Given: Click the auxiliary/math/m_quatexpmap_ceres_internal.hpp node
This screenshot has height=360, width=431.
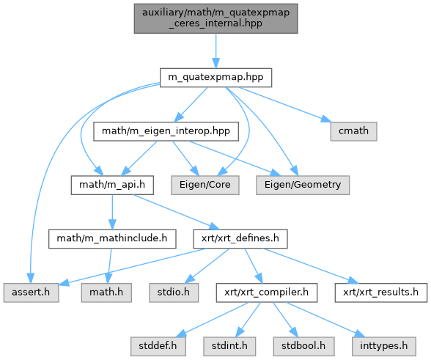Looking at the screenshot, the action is point(215,18).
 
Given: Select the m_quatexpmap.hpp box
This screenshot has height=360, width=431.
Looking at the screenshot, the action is point(215,78).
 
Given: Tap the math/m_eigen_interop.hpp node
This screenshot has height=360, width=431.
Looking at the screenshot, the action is point(166,131).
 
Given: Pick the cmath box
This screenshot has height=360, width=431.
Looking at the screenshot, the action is point(353,131).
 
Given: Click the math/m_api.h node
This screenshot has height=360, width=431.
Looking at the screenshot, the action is point(112,185).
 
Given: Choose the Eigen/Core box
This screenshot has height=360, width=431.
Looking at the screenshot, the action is point(205,185).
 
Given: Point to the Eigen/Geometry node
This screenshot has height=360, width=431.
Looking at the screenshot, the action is point(303,185).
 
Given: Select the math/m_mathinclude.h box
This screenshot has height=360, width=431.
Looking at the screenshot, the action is point(112,239).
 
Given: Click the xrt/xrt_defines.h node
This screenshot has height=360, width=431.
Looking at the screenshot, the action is point(240,239).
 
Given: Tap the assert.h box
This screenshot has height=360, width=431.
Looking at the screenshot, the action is point(31,293).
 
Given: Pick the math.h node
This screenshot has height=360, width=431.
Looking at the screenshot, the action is point(106,293).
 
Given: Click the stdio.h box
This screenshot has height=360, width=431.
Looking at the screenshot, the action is point(174,293).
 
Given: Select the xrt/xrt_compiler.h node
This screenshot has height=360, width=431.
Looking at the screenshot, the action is point(267,293).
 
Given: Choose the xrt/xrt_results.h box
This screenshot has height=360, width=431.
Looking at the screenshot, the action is point(381,293).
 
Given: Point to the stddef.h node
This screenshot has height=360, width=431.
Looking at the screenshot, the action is point(158,346).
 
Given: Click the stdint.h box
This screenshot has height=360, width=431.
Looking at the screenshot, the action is point(229,346).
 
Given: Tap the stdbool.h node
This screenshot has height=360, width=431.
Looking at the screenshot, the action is point(303,346).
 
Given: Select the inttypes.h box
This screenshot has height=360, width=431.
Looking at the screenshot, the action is point(384,346).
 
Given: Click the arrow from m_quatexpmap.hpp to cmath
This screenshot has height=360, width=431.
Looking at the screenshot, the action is point(284,105).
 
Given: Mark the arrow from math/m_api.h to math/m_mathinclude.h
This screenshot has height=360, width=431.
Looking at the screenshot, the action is point(112,212).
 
